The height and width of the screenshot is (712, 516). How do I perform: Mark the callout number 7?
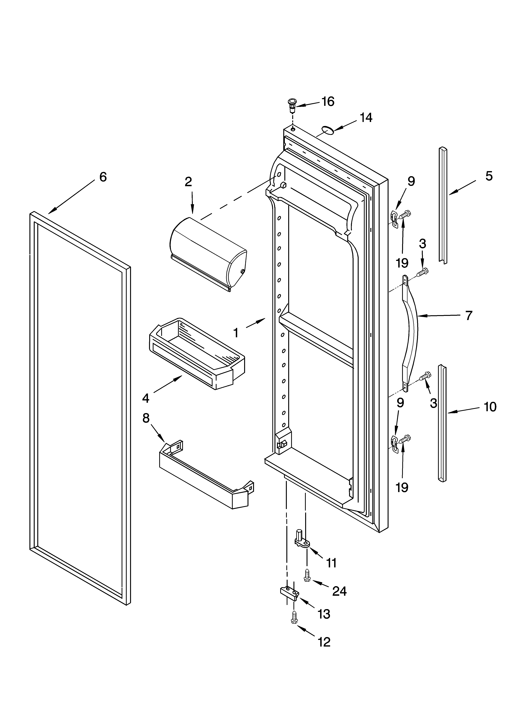point(469,315)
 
